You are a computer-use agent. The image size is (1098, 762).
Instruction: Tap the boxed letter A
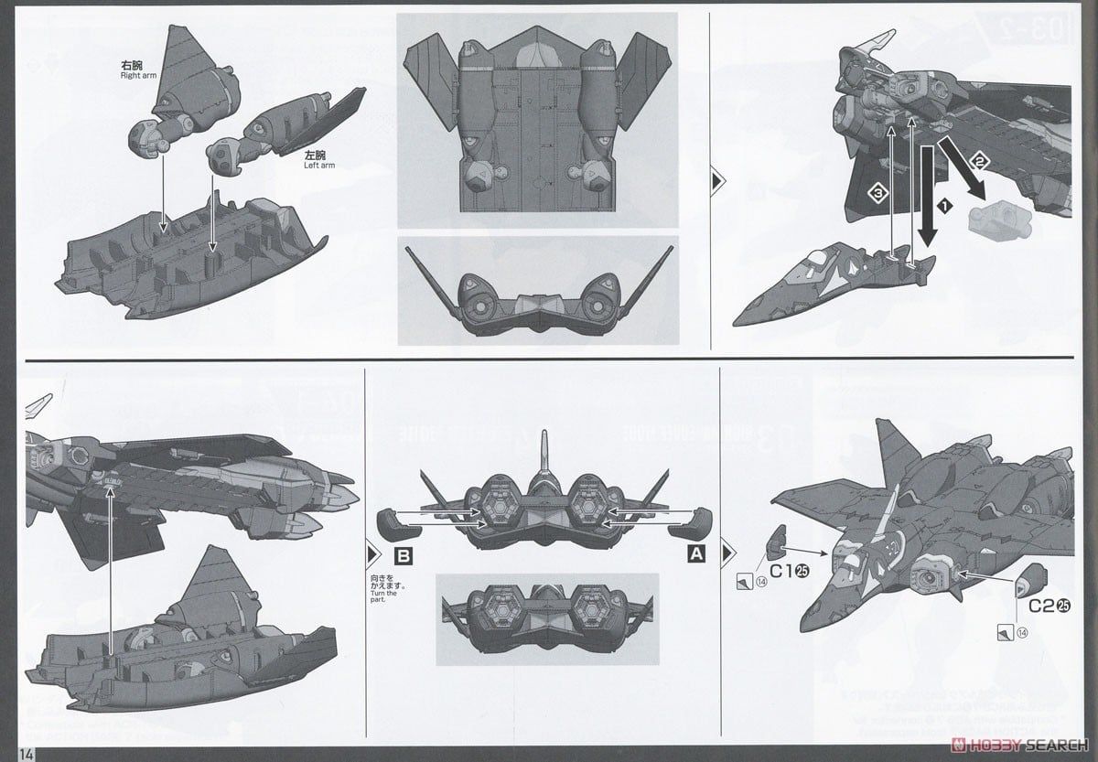click(696, 553)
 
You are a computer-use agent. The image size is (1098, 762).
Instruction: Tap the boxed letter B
click(402, 554)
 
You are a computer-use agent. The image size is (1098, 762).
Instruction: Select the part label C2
click(1041, 606)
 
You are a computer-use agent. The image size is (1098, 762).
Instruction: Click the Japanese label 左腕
click(316, 156)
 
